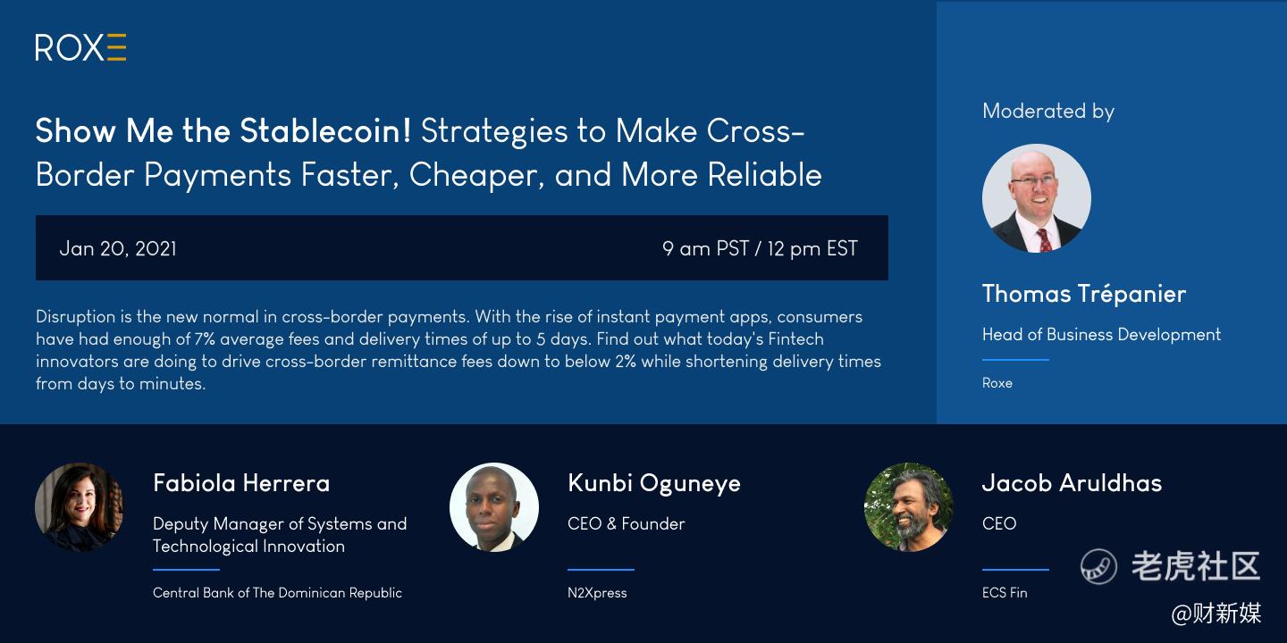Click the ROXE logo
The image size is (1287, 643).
point(80,47)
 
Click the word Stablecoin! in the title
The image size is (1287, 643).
point(325,131)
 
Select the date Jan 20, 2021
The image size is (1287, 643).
point(118,248)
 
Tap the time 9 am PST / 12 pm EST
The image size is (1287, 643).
point(760,248)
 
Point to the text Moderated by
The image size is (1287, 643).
point(1048,111)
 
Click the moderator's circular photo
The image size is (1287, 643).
point(1037,198)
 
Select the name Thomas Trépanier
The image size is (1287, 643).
point(1083,293)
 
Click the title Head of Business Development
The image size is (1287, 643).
point(1101,334)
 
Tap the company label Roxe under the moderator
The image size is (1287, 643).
point(997,383)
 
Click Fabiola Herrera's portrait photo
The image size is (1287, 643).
point(80,507)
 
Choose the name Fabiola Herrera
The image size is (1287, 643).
point(241,483)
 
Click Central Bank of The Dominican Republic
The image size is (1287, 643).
point(277,592)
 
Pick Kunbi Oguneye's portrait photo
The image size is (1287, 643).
point(494,507)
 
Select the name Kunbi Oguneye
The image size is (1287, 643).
point(654,483)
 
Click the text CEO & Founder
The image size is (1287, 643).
point(627,523)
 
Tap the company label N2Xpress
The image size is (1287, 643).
point(597,592)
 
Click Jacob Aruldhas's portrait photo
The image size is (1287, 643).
point(909,507)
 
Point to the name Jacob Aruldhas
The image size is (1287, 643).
point(1072,483)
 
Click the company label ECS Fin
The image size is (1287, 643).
point(1005,592)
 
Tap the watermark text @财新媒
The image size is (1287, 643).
point(1216,614)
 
